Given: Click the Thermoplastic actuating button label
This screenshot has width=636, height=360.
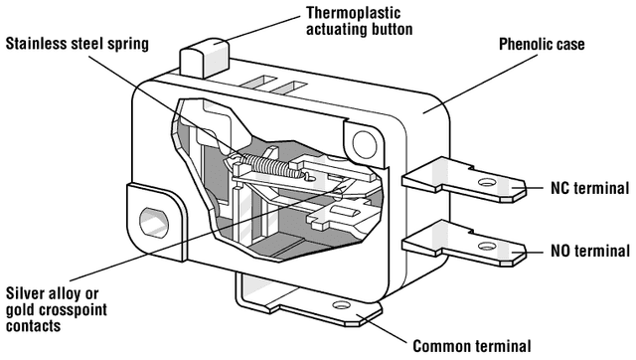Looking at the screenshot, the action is point(359,21).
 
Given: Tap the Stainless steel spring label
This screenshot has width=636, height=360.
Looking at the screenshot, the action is point(78,44).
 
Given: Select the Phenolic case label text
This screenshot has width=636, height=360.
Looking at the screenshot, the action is point(542,44).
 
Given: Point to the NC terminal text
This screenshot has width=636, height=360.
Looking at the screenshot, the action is point(589,188).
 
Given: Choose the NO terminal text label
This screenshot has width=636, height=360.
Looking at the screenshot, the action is point(590,251).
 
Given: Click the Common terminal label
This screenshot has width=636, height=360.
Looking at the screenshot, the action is point(472,346).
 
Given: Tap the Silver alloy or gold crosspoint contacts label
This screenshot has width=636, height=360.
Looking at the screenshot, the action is point(57,309).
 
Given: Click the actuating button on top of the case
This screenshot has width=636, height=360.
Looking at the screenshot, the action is point(204,58).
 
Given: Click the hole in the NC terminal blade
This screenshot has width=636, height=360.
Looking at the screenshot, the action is point(487,182).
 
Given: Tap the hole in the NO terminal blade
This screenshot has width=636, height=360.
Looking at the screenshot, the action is point(487,246).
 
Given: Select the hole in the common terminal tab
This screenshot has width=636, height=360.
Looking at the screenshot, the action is point(341,304).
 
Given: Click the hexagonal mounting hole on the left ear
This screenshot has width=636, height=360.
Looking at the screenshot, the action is point(154,223).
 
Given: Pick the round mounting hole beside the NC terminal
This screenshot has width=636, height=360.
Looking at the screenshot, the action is point(365,144).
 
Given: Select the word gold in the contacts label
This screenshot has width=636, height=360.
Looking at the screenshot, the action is point(21,310).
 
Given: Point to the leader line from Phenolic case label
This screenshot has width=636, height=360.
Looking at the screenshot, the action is point(480,84).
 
